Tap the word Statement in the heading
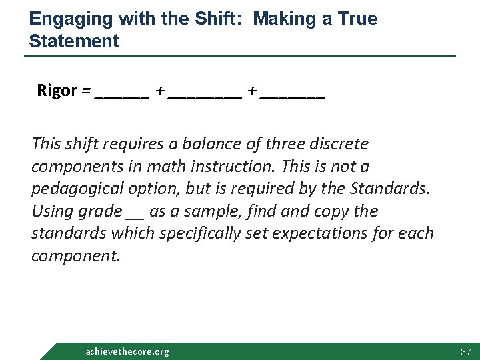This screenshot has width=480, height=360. click(74, 41)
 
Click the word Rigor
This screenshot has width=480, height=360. click(57, 91)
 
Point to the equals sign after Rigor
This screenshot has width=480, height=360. click(86, 91)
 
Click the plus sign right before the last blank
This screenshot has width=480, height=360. click(251, 91)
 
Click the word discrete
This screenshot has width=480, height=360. click(338, 144)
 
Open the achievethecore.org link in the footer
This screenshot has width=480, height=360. click(127, 351)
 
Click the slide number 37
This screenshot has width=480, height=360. click(465, 351)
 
